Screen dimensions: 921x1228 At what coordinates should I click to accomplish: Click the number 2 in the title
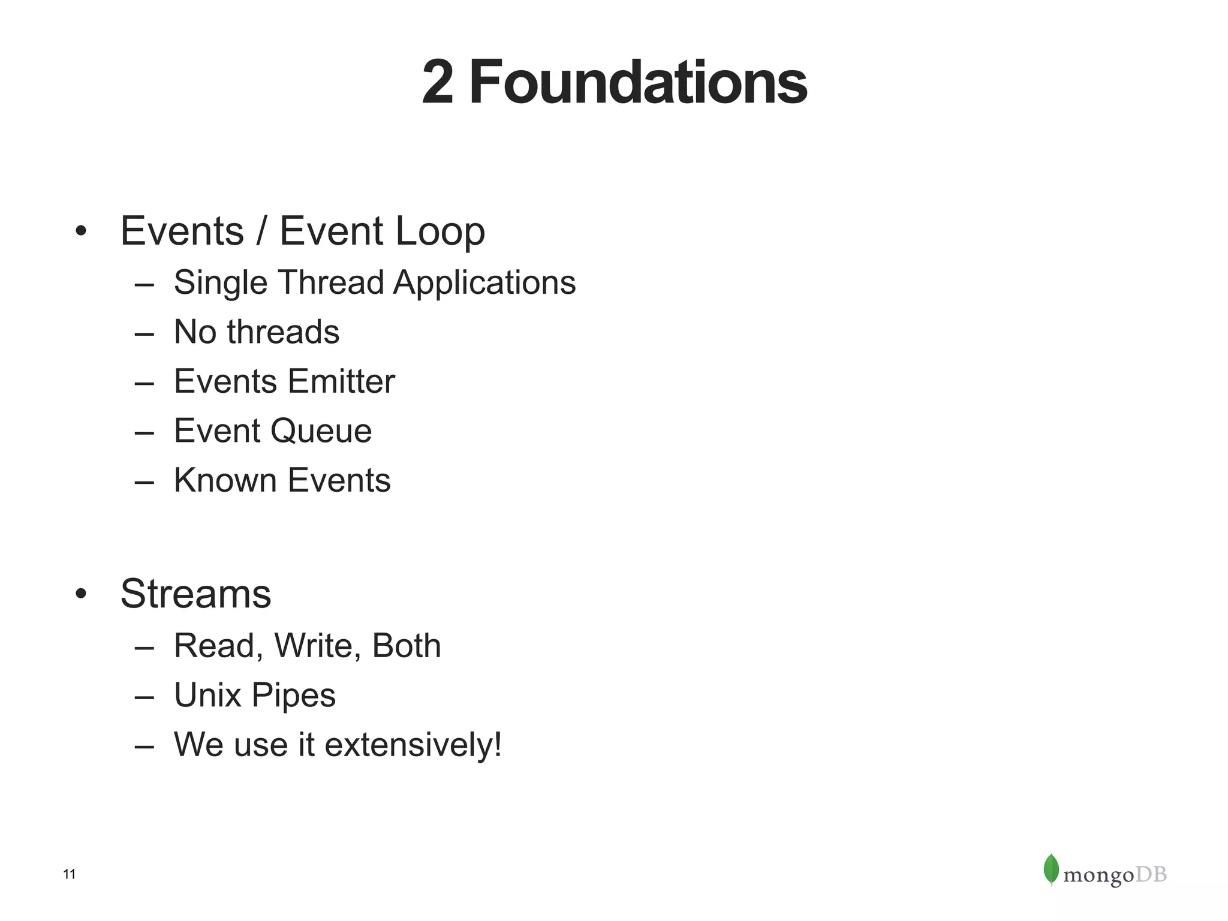pyautogui.click(x=437, y=83)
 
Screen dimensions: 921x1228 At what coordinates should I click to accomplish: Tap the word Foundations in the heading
pyautogui.click(x=638, y=83)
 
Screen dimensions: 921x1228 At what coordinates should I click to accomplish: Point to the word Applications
pyautogui.click(x=484, y=283)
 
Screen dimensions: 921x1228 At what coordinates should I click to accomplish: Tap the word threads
pyautogui.click(x=283, y=332)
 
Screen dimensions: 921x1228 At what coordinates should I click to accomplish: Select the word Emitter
pyautogui.click(x=341, y=381)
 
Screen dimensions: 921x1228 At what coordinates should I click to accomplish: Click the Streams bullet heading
pyautogui.click(x=195, y=594)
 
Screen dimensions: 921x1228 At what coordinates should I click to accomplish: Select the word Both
pyautogui.click(x=406, y=646)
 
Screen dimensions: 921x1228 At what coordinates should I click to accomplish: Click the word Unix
pyautogui.click(x=207, y=696)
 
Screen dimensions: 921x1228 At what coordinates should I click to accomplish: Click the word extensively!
pyautogui.click(x=413, y=745)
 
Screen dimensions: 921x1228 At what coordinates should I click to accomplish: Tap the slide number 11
pyautogui.click(x=70, y=875)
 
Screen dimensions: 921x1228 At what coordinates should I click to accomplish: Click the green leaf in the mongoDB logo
pyautogui.click(x=1051, y=869)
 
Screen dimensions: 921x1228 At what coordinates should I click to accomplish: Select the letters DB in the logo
pyautogui.click(x=1151, y=875)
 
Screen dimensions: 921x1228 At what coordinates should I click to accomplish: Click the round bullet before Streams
pyautogui.click(x=82, y=594)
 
